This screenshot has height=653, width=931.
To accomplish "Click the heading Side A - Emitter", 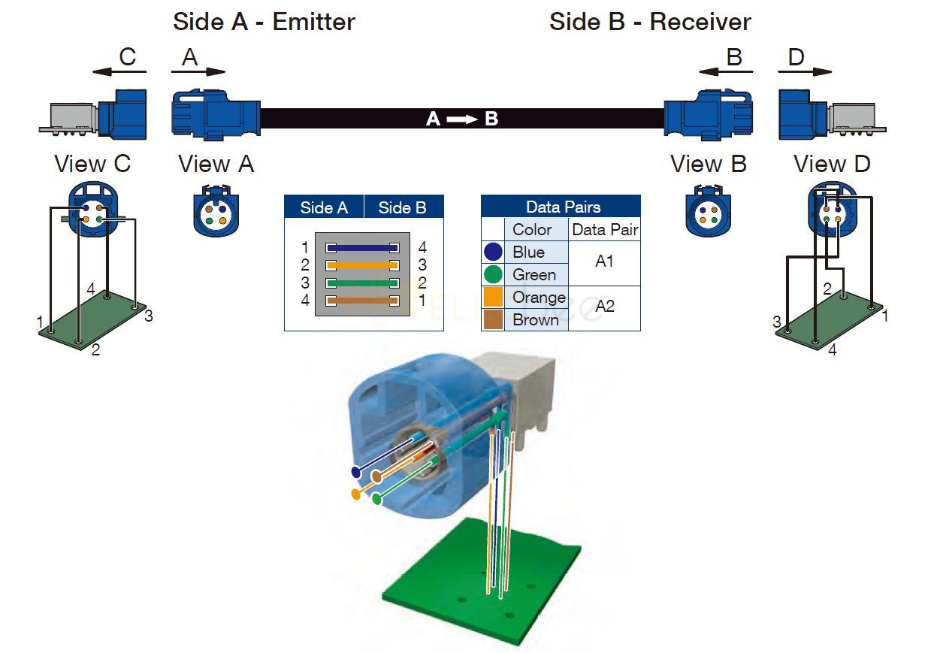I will tap(264, 21).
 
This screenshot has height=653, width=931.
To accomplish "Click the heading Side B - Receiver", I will tap(650, 21).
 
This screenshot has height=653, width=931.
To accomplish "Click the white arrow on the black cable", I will tap(462, 119).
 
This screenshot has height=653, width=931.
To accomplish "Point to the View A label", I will tap(216, 164).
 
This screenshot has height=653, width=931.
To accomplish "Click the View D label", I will tap(832, 164).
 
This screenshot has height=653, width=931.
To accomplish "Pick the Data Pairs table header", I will tap(561, 207).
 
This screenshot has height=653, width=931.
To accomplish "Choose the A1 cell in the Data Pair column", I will tap(604, 262).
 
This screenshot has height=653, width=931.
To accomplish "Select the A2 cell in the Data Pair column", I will tap(604, 307).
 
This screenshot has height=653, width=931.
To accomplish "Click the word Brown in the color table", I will tap(535, 320).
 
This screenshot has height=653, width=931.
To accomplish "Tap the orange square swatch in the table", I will tap(494, 298).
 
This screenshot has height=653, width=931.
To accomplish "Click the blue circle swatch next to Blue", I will tap(494, 252).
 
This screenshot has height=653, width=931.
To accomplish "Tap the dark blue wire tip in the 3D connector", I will tap(355, 472).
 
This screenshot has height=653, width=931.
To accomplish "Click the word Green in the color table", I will tap(534, 275).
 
